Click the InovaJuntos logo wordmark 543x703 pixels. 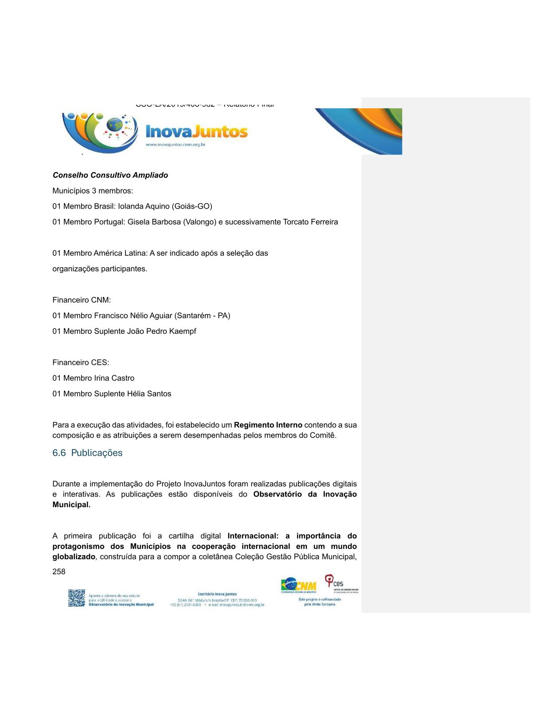coord(197,132)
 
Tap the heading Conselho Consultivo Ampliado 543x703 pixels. coord(110,175)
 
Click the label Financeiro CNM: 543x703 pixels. coord(82,300)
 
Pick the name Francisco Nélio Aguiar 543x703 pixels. coord(133,316)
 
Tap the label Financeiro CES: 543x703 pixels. coord(81,363)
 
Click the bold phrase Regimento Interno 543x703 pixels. coord(268,425)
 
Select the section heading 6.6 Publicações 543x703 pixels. coord(87,453)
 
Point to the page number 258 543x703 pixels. coord(59,572)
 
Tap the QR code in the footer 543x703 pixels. coord(76,598)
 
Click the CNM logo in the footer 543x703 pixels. coord(299,585)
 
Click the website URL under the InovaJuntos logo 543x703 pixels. coord(176,145)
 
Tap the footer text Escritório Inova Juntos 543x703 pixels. coord(217,594)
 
